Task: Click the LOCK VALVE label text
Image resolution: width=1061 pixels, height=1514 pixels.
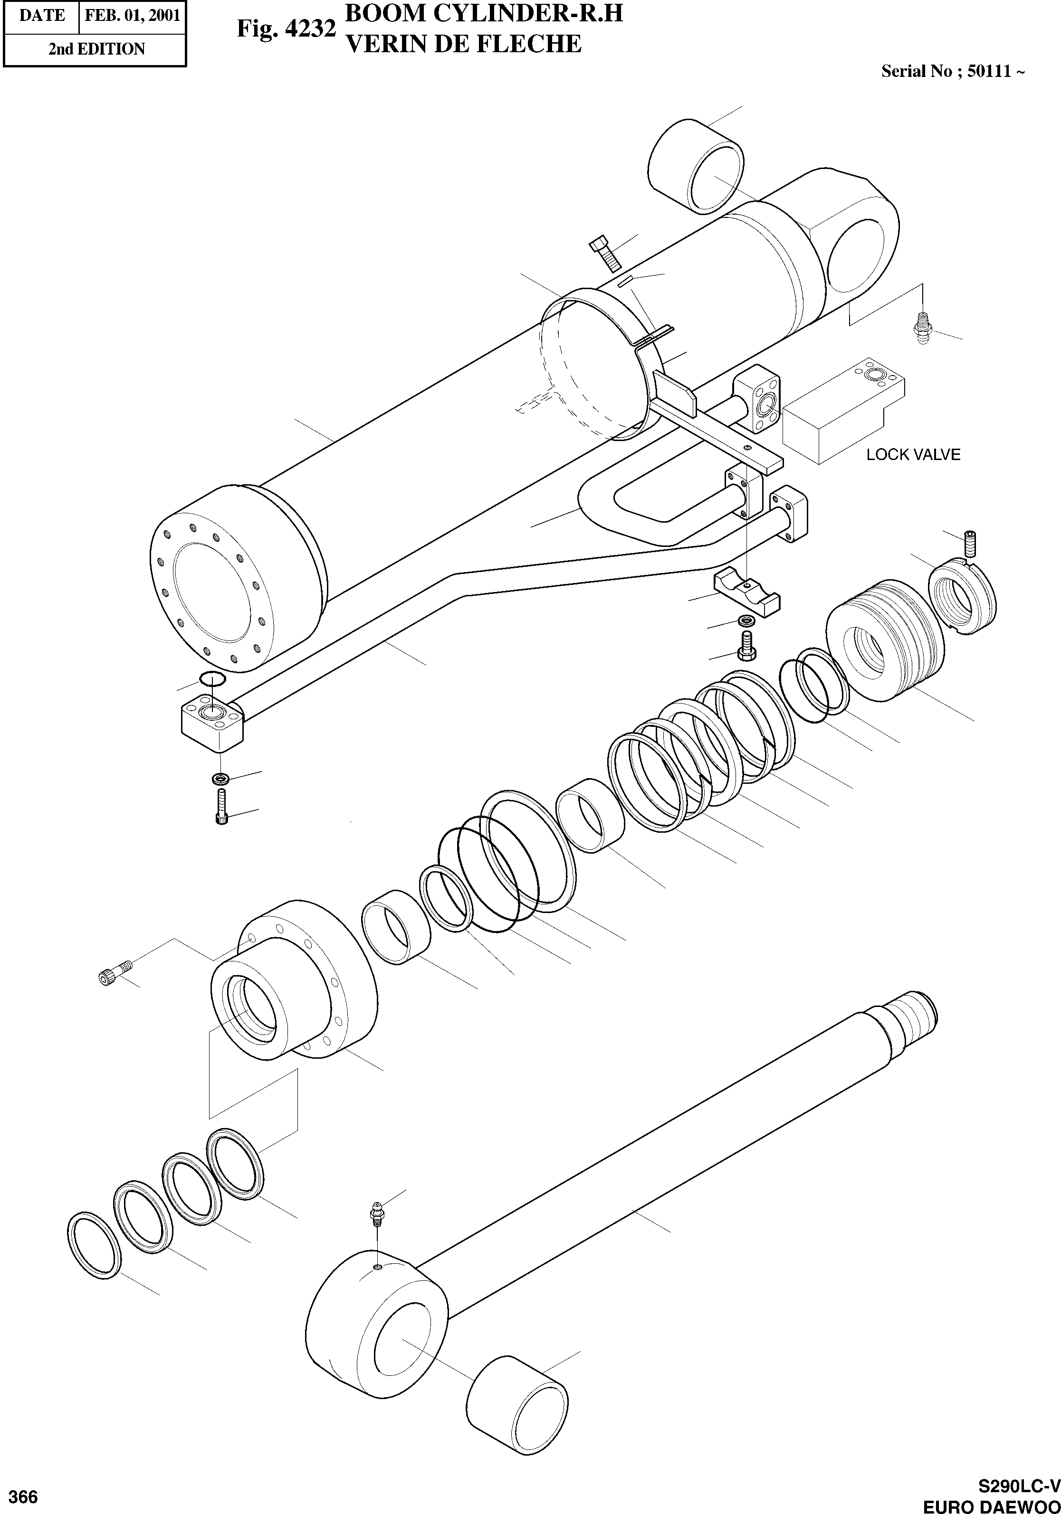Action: coord(913,454)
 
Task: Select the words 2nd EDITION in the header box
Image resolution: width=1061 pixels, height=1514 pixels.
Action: coord(96,49)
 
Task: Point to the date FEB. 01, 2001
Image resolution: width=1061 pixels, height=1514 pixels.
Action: coord(133,15)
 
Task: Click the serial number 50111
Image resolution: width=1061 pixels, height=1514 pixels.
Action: coord(989,71)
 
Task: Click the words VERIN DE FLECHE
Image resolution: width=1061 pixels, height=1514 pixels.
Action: coord(463,44)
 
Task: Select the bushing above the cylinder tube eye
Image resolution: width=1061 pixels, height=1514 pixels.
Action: coord(696,166)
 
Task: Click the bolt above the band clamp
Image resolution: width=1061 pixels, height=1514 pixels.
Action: coord(604,253)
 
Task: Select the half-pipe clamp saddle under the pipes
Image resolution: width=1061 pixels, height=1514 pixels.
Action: coord(746,592)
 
